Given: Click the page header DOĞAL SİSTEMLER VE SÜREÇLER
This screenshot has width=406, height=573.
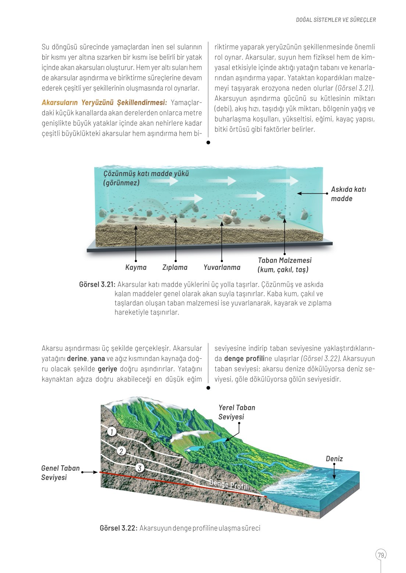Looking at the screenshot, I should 336,20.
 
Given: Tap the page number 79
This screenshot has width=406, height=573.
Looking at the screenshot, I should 381,555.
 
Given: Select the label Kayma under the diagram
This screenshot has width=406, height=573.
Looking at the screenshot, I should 136,268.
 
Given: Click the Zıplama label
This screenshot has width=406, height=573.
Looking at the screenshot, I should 175,268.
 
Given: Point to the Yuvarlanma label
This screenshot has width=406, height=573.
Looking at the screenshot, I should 222,268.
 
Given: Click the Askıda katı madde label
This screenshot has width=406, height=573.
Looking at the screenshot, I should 348,194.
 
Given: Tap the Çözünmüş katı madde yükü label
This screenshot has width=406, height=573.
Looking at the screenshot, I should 145,178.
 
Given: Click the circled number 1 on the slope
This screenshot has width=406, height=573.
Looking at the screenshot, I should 112,431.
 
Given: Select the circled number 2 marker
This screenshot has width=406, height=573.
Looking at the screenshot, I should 121,451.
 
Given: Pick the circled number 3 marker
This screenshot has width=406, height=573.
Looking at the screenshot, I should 139,468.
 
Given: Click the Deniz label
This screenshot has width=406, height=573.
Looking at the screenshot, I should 334,459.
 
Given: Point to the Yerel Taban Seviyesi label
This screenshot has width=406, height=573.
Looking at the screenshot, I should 237,412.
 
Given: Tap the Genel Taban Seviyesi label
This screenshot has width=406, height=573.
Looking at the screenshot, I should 60,473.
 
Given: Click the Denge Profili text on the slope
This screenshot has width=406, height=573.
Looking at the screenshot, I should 229,485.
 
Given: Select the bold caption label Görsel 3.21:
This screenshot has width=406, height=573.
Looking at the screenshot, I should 97,284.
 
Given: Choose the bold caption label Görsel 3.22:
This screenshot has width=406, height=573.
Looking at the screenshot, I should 118,528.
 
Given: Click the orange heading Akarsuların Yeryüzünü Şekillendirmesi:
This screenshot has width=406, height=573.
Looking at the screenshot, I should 104,103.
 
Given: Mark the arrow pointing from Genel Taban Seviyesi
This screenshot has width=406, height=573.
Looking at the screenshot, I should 90,472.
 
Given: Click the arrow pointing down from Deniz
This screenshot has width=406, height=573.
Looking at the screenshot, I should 334,471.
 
